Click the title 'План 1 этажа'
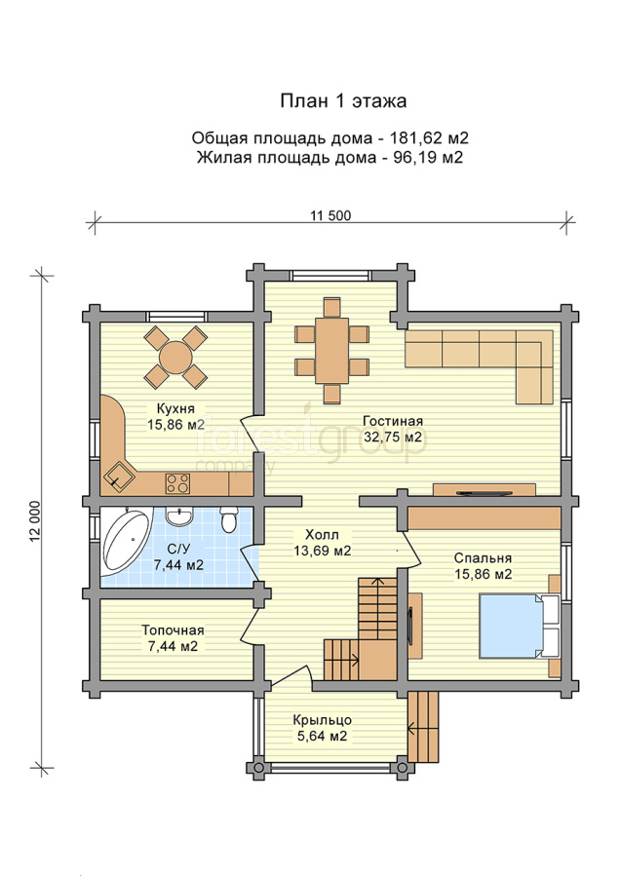coord(343,101)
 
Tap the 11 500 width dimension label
coord(330,215)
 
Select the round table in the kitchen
coord(175,357)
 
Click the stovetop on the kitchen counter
coord(177,483)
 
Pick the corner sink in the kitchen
coord(118,477)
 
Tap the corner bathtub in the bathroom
coord(126,542)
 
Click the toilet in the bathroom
coord(228,519)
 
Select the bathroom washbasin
coord(180,516)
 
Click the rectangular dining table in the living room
coord(331,351)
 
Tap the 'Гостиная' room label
coord(393,421)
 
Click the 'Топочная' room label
coord(173,630)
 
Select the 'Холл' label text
coord(323,535)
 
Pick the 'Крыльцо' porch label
coord(323,720)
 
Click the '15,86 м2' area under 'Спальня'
coord(483,574)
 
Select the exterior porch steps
coord(423,727)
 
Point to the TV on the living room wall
coord(484,493)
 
